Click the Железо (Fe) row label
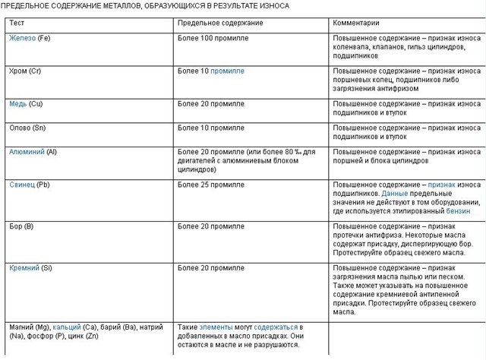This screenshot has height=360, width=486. coord(31,37)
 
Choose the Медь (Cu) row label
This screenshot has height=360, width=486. coord(27,103)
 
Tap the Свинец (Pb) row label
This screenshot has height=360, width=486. coord(30,185)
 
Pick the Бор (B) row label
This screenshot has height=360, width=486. coord(21,226)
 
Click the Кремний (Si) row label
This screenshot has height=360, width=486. coord(31,268)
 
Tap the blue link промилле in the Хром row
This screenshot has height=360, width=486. coord(227,71)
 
